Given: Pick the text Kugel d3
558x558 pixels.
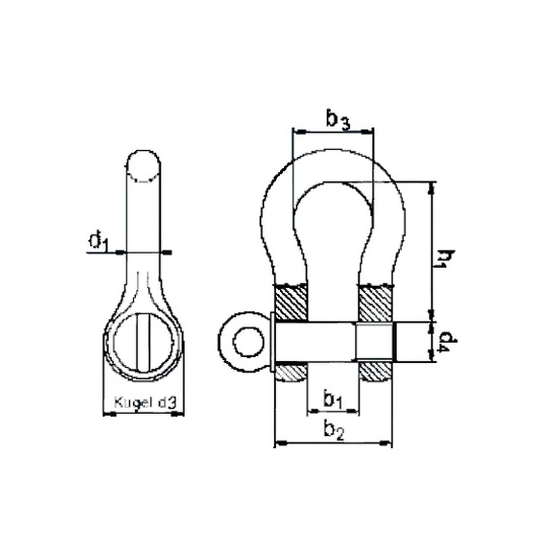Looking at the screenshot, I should tap(145, 402).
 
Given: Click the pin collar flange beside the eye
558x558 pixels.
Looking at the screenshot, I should tap(272, 342).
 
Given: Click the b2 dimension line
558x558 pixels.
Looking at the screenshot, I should tap(333, 443).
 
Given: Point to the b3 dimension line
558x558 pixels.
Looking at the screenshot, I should tap(333, 131).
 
